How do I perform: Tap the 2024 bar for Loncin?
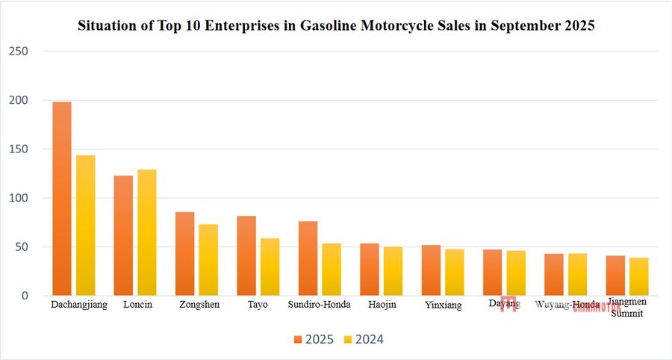click(x=147, y=232)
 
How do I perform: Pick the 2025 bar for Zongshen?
click(x=185, y=254)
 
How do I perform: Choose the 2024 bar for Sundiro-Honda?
click(x=332, y=269)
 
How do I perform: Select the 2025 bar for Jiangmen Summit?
click(x=615, y=276)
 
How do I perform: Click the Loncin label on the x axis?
click(x=137, y=305)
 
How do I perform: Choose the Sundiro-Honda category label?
click(x=319, y=305)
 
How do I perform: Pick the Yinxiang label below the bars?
click(x=443, y=305)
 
